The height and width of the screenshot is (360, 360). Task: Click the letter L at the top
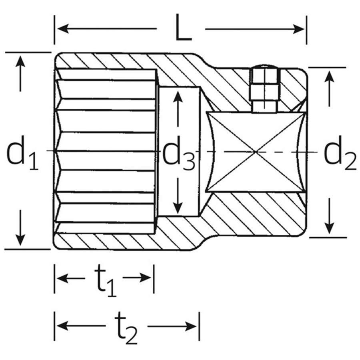[184, 28]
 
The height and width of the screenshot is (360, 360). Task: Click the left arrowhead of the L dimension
[61, 28]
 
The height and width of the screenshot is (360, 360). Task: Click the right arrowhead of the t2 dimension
[192, 327]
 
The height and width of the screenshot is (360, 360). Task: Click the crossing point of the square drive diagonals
[256, 152]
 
